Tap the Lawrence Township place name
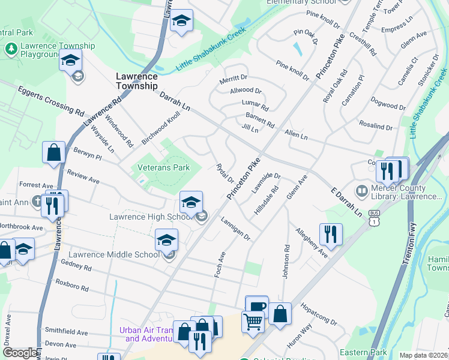pyautogui.click(x=137, y=81)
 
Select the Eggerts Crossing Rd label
pyautogui.click(x=51, y=100)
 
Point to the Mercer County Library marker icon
pyautogui.click(x=361, y=192)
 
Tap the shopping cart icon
pyautogui.click(x=253, y=322)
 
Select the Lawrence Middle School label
pyautogui.click(x=107, y=255)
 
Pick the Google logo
pyautogui.click(x=20, y=353)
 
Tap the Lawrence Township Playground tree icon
pyautogui.click(x=11, y=49)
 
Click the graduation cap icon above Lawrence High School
pyautogui.click(x=191, y=202)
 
